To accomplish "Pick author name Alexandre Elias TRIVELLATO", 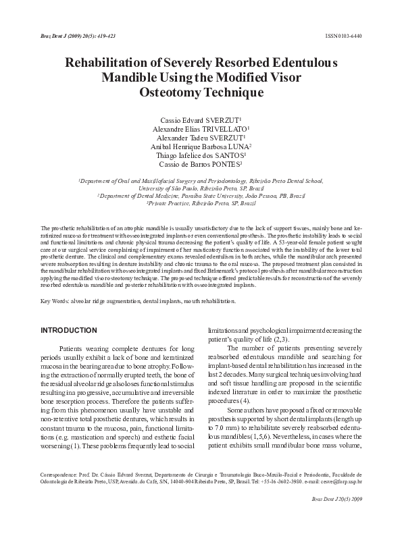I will point(200,128).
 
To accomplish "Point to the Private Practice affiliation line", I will point(201,203).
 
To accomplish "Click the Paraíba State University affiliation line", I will point(201,195).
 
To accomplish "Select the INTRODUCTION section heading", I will point(69,330).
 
